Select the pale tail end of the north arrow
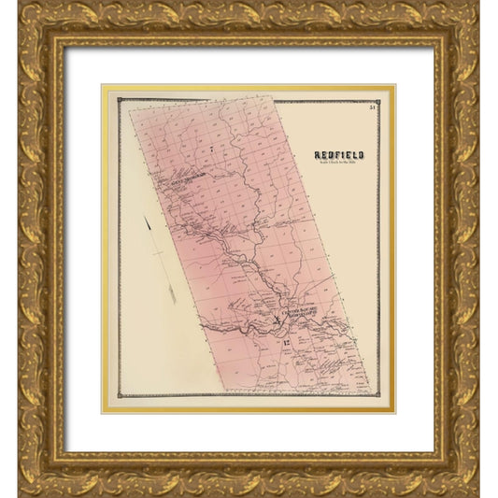173,301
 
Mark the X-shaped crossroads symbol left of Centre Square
277,320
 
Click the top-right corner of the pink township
273,96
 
